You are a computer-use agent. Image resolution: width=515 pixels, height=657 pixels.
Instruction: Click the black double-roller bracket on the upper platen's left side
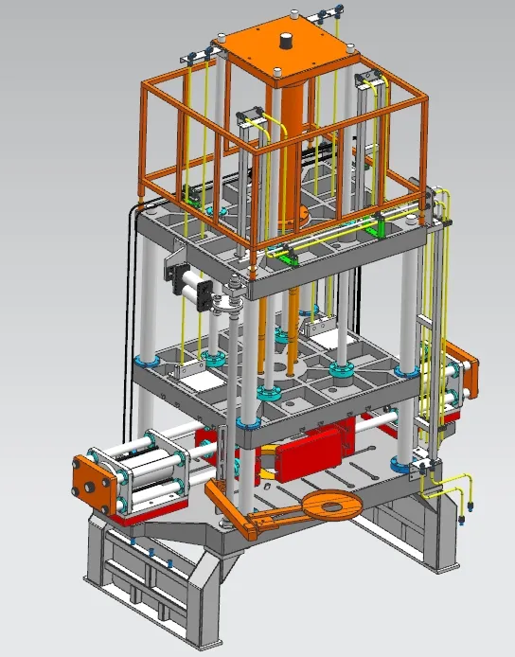coord(175,275)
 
